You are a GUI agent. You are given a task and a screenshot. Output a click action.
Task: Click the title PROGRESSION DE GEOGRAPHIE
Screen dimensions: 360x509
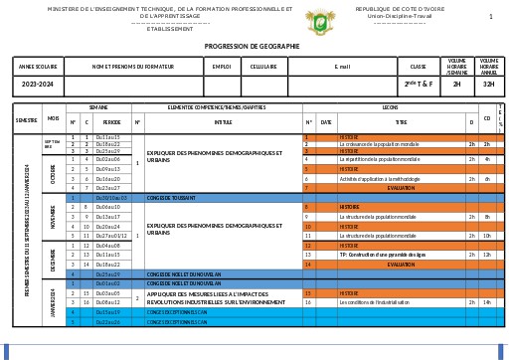tap(254, 46)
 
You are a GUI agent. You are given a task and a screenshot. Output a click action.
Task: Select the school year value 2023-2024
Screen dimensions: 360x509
tap(37, 85)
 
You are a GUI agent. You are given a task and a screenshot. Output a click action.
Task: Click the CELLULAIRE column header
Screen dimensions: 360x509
tap(263, 67)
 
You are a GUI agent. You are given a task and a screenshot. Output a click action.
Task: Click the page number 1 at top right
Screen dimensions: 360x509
tap(490, 16)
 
